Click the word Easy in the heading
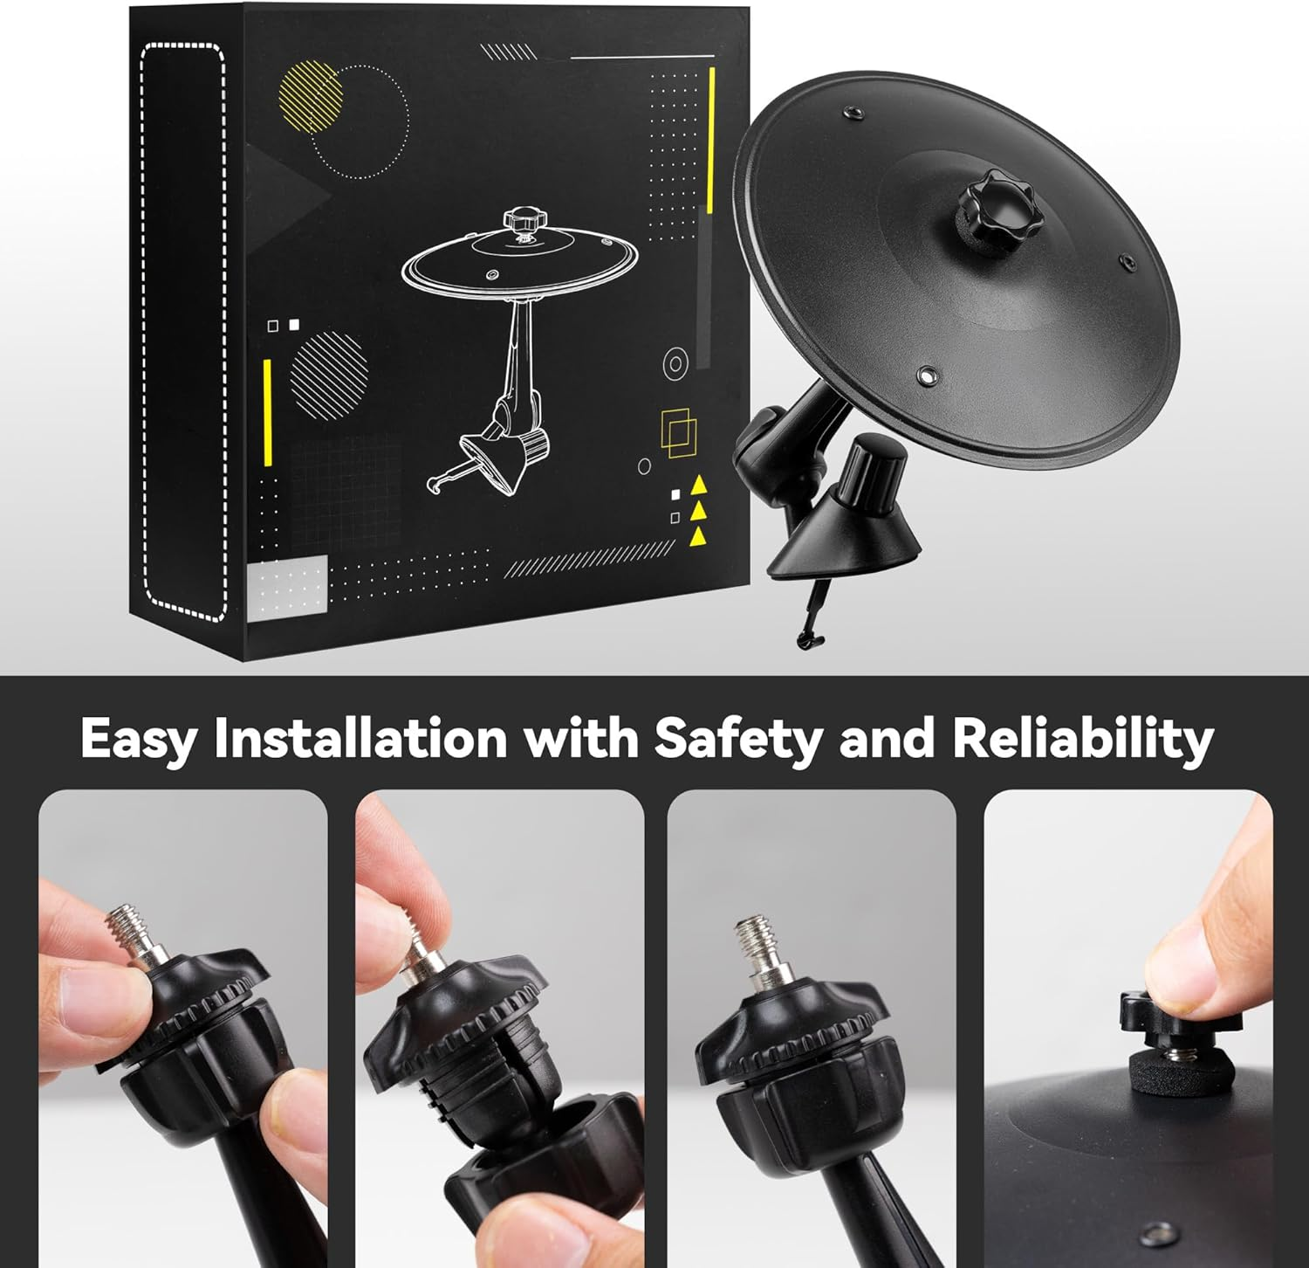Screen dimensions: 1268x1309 click(139, 739)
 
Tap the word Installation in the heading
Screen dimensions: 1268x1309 click(360, 737)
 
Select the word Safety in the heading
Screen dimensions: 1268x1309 click(738, 739)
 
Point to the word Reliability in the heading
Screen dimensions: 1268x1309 click(1082, 739)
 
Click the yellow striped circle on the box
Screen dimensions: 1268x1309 click(309, 96)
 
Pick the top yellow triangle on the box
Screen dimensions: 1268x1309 click(698, 486)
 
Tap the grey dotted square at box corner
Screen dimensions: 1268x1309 click(287, 587)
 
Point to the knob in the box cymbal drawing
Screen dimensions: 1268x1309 click(523, 217)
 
